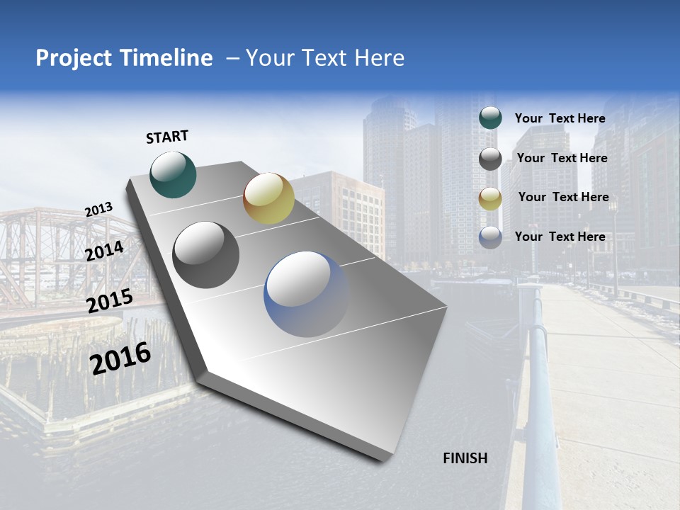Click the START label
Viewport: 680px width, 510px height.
point(167,137)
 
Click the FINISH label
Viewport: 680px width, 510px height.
point(465,458)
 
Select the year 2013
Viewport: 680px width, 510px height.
point(98,210)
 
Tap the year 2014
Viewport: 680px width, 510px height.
point(105,251)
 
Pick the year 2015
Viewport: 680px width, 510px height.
point(110,301)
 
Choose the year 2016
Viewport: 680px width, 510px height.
point(120,358)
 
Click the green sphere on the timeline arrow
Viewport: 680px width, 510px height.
point(174,174)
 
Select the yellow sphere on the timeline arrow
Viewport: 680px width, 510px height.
point(268,198)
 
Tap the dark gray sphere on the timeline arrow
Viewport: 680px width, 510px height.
point(206,255)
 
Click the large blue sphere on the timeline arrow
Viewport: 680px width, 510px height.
point(306,294)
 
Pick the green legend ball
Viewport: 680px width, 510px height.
point(490,118)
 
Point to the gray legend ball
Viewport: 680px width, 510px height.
point(490,159)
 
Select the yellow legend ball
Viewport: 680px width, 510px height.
point(490,198)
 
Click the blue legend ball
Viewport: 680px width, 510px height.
point(490,237)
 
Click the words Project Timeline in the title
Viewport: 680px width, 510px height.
point(124,58)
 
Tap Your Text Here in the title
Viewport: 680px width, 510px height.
point(324,58)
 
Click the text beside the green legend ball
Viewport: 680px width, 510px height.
point(560,118)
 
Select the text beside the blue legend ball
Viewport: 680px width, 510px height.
point(560,237)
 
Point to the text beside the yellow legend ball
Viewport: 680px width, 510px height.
point(563,197)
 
